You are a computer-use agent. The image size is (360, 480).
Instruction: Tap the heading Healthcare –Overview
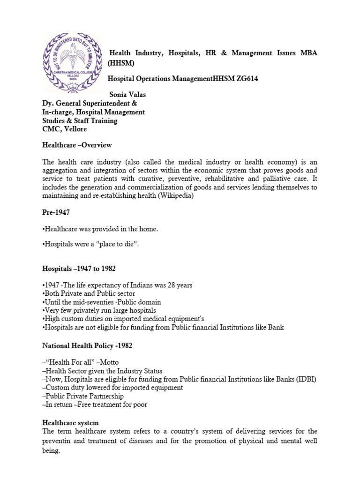(77, 145)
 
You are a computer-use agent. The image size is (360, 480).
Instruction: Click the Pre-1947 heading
(56, 212)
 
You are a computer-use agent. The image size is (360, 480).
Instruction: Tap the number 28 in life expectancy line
(169, 285)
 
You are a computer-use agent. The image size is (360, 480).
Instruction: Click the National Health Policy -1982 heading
(87, 346)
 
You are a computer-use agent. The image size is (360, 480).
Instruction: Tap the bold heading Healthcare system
(70, 423)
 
